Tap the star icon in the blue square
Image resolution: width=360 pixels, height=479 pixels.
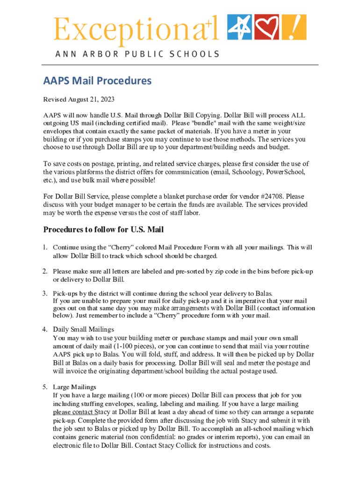[x=239, y=27]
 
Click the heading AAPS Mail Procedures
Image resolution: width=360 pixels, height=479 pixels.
[x=97, y=81]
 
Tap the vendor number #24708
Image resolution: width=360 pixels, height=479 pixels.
[x=267, y=197]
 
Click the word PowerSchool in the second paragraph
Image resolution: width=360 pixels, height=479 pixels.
[x=286, y=172]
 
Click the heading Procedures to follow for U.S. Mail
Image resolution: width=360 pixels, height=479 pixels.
[x=103, y=230]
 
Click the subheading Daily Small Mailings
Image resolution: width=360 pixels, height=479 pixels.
[x=83, y=329]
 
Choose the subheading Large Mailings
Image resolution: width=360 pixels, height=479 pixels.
[x=74, y=387]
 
